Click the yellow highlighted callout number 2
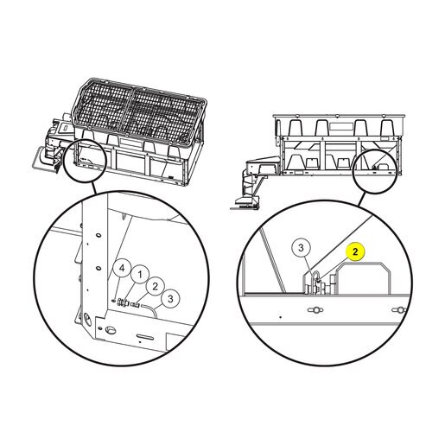click(355, 251)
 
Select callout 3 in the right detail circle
click(301, 247)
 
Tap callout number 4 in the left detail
click(122, 268)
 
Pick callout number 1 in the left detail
click(140, 275)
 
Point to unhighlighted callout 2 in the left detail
click(156, 286)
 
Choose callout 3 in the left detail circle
click(170, 299)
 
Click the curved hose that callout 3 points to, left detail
click(149, 310)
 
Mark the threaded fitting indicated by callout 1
click(124, 302)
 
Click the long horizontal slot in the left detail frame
click(145, 337)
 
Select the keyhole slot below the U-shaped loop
click(315, 310)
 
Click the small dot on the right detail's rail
click(281, 317)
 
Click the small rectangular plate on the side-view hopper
click(340, 127)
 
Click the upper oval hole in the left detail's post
click(99, 235)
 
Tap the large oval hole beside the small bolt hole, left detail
click(111, 330)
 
